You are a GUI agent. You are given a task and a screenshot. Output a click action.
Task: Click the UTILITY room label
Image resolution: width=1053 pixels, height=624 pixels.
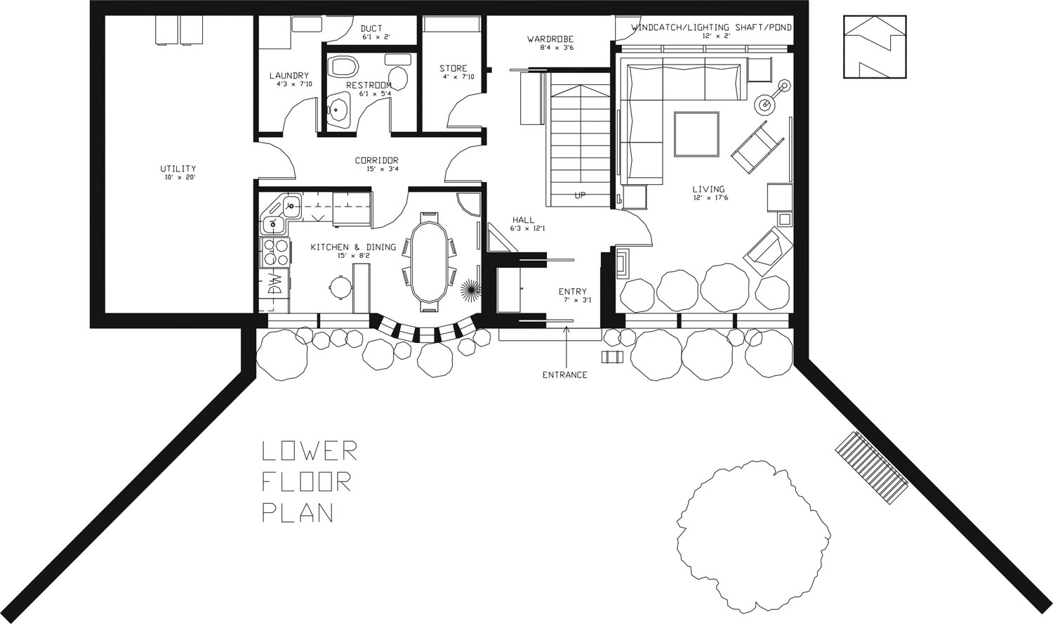point(178,169)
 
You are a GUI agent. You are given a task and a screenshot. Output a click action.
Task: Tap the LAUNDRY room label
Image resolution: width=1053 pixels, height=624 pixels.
point(289,76)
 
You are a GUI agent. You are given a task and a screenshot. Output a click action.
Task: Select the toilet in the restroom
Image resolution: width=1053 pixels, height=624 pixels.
point(343,67)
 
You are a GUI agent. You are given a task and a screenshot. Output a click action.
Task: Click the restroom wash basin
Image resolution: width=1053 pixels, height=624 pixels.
point(338,110)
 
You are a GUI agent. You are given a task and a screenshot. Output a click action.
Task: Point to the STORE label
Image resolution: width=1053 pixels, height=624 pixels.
point(453,69)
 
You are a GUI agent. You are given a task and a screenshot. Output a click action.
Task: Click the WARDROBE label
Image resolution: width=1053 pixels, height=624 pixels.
point(550,39)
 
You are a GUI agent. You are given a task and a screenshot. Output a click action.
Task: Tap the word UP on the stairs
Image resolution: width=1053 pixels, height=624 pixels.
point(580,195)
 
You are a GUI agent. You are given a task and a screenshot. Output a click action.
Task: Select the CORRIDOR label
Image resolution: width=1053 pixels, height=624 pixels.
point(376,161)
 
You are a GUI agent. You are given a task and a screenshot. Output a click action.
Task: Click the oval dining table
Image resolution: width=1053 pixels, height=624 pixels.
point(428,261)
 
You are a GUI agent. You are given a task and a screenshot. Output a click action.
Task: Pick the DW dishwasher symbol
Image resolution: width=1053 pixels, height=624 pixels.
point(275,285)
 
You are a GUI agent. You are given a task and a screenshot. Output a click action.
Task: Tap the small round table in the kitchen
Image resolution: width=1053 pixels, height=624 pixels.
point(340,286)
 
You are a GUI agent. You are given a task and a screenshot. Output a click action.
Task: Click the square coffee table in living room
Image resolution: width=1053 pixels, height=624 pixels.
point(696,134)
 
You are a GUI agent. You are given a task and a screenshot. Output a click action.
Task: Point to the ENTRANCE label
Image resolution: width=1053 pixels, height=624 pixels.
point(564,375)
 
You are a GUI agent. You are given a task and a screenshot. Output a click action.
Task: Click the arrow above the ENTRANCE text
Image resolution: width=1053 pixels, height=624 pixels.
point(567,344)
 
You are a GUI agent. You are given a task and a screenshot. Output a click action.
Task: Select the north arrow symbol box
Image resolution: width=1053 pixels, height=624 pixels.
point(875,46)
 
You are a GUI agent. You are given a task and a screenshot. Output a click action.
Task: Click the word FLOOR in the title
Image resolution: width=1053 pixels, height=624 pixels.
point(306,481)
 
